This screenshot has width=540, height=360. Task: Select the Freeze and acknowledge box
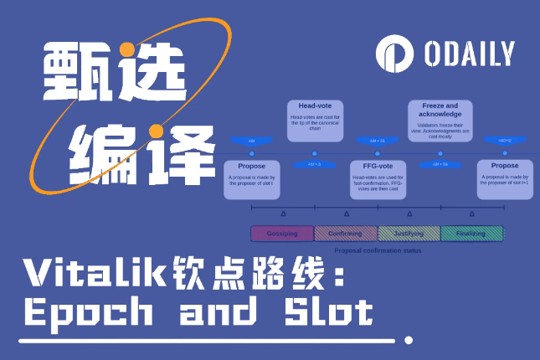coord(440,121)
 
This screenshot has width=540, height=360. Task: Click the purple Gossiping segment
coord(282,234)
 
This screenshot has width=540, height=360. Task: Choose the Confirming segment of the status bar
coord(345,234)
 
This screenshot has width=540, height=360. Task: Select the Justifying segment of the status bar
coord(409,234)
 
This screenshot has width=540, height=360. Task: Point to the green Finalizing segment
coord(472,234)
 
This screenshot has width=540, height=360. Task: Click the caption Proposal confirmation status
coord(377,249)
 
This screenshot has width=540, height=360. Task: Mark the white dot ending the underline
coord(408,341)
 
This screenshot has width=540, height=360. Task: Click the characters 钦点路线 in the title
coord(251,274)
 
